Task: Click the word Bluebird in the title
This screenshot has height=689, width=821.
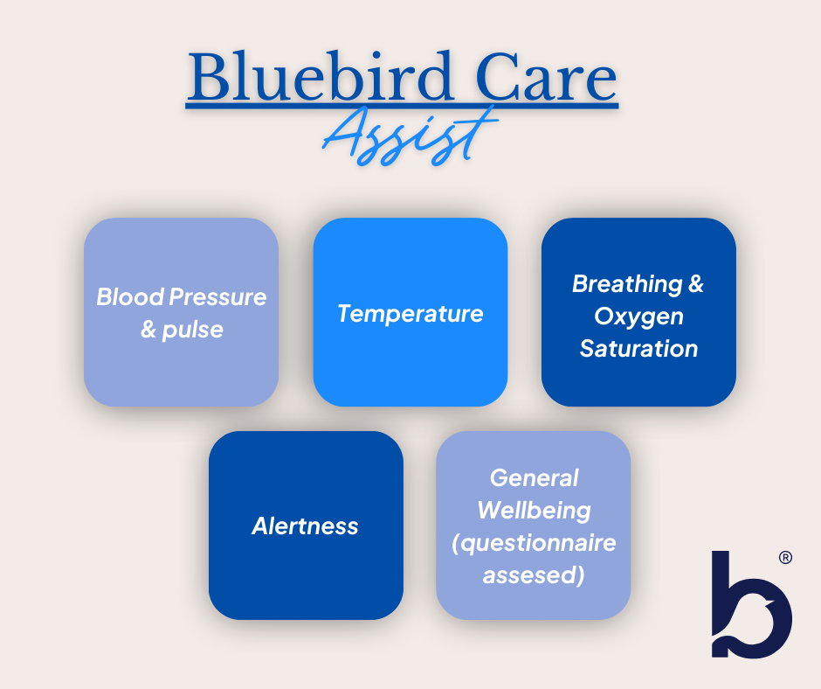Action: (320, 77)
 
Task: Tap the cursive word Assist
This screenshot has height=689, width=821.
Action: (410, 136)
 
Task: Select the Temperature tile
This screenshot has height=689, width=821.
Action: (410, 312)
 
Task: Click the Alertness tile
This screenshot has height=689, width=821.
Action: (306, 525)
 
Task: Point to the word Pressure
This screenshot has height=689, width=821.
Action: (217, 297)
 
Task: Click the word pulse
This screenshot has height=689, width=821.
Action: (193, 331)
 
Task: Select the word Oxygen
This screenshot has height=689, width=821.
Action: (638, 317)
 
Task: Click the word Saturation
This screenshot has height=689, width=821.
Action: (638, 349)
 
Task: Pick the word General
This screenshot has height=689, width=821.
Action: (534, 477)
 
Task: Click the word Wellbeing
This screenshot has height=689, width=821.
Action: (534, 511)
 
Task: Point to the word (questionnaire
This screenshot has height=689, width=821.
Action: (534, 543)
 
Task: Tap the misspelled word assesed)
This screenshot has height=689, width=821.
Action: (534, 575)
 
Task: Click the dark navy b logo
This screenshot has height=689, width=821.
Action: (751, 604)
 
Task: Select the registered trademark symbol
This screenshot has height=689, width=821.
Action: (785, 557)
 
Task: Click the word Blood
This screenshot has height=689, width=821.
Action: (131, 297)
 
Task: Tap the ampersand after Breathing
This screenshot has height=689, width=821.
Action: (696, 283)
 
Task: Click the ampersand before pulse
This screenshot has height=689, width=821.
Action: (148, 330)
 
